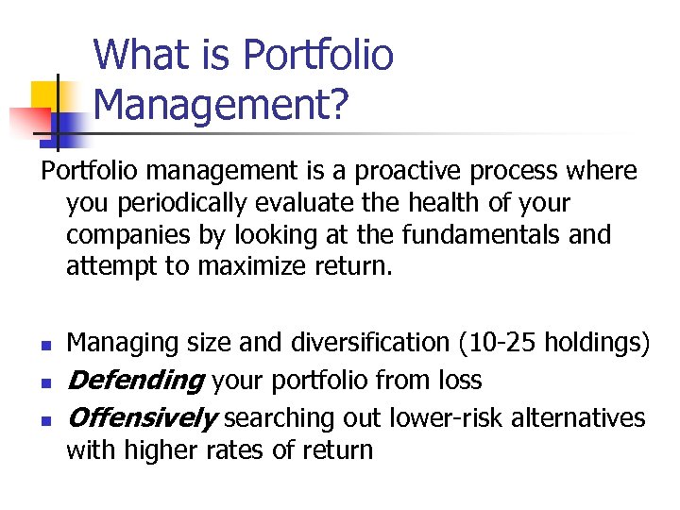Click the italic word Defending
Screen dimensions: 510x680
[x=135, y=381]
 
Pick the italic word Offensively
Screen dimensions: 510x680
[x=142, y=417]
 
